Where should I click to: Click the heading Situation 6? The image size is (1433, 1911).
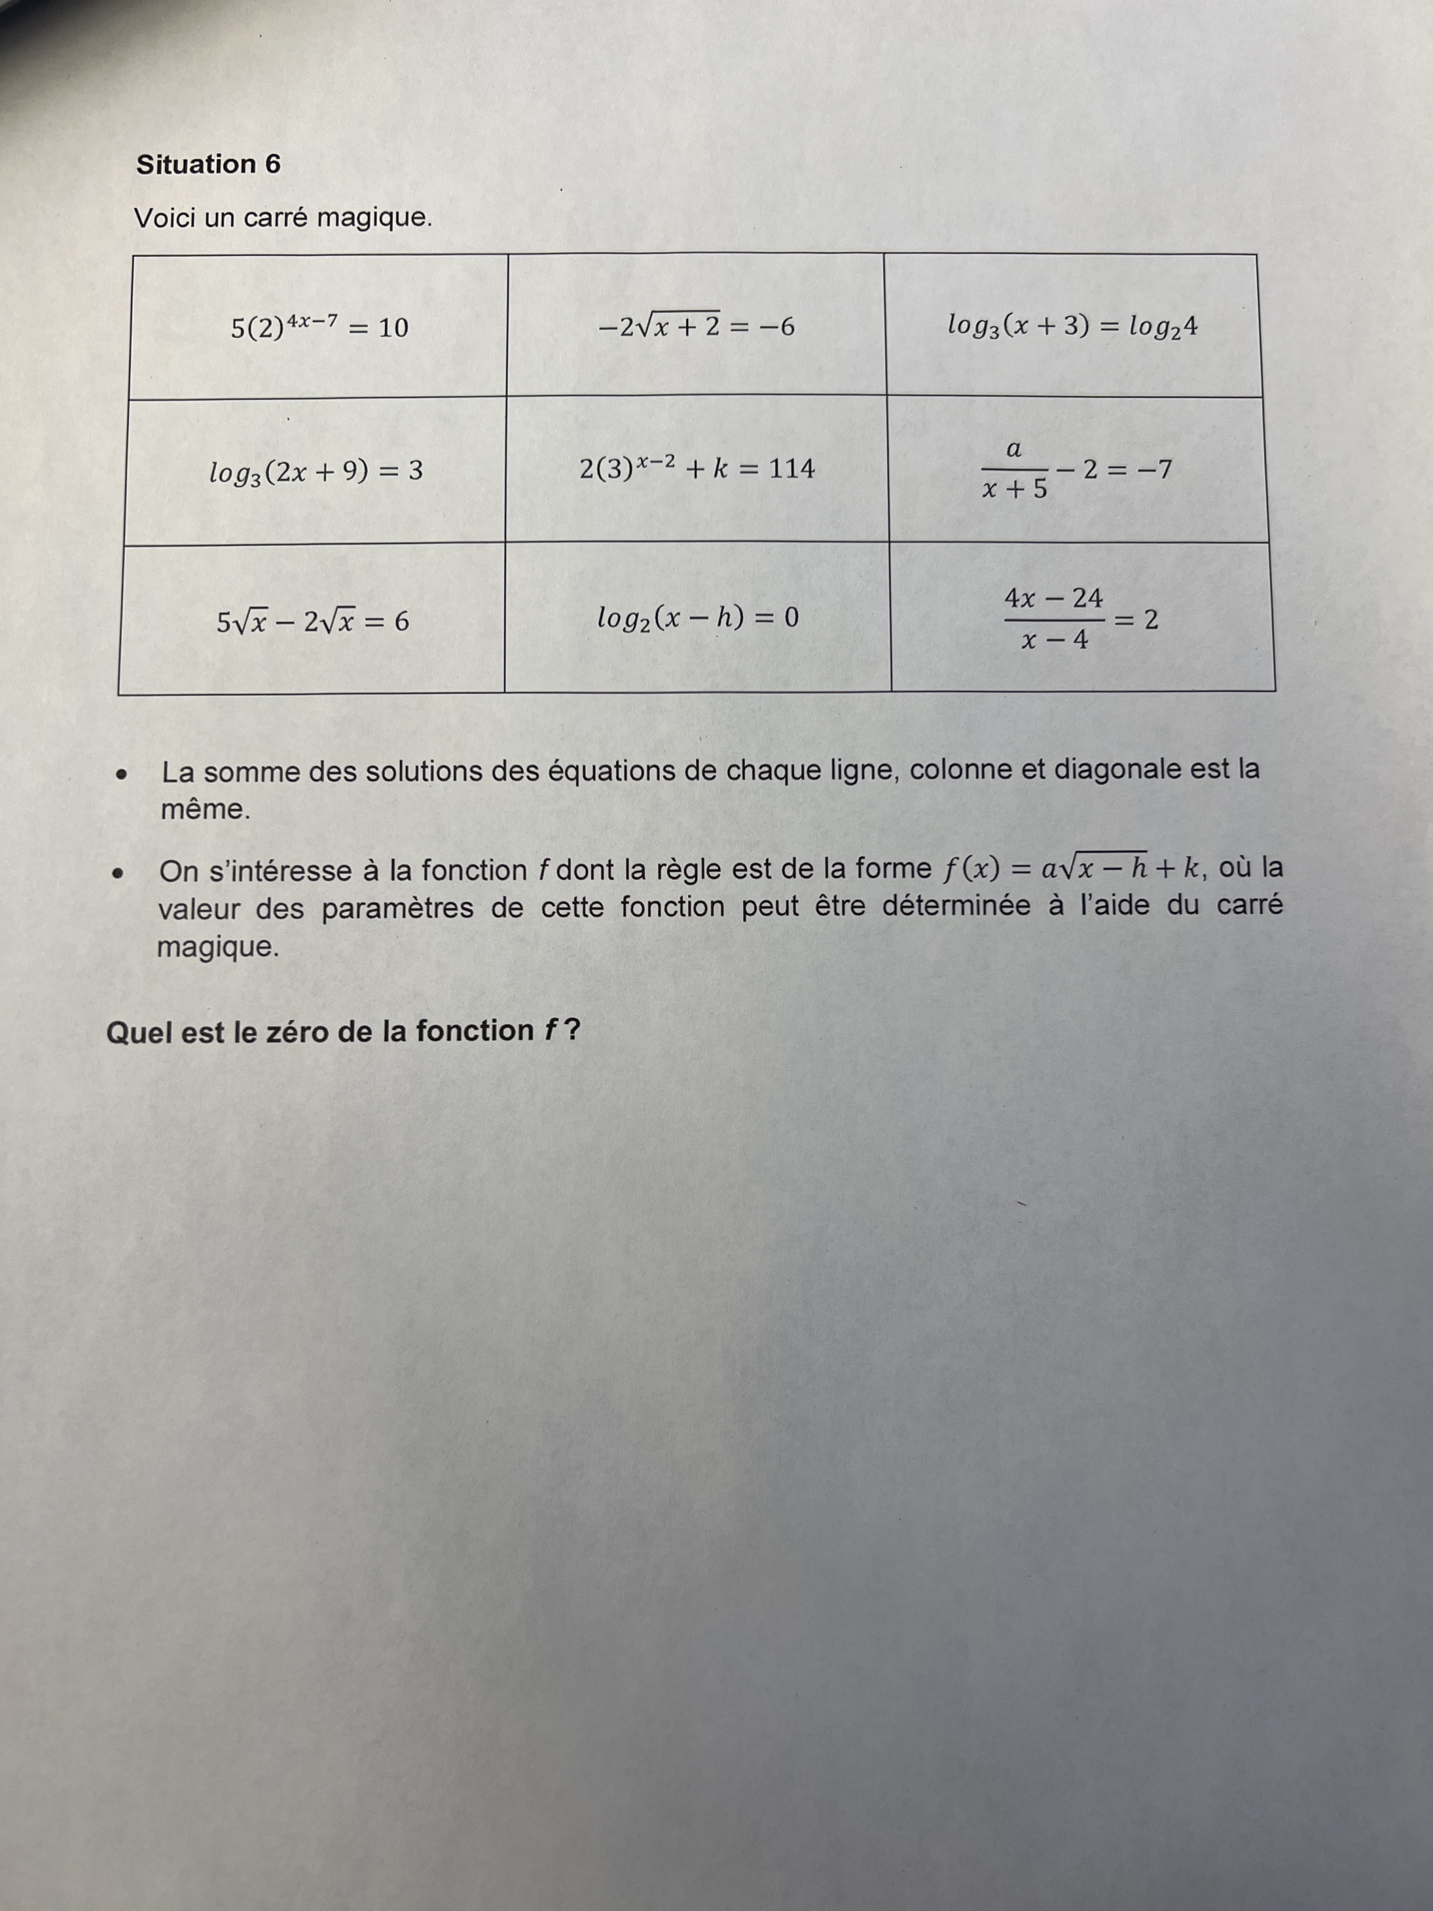[x=208, y=164]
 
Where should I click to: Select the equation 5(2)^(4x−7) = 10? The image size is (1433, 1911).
[x=320, y=327]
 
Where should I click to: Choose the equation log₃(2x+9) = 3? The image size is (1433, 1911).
[x=316, y=471]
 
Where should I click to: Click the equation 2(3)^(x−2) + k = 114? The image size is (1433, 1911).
[x=696, y=469]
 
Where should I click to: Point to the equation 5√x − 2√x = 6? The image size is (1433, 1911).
[x=313, y=621]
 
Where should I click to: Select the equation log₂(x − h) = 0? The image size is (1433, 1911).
[x=698, y=617]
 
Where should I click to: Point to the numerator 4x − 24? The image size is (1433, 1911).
[x=1054, y=597]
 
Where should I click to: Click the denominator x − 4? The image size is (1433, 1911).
[x=1054, y=641]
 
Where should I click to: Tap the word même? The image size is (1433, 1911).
[x=205, y=810]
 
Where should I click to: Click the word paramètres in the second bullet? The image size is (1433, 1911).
[x=398, y=908]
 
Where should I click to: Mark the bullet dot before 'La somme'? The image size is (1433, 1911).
[x=124, y=774]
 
